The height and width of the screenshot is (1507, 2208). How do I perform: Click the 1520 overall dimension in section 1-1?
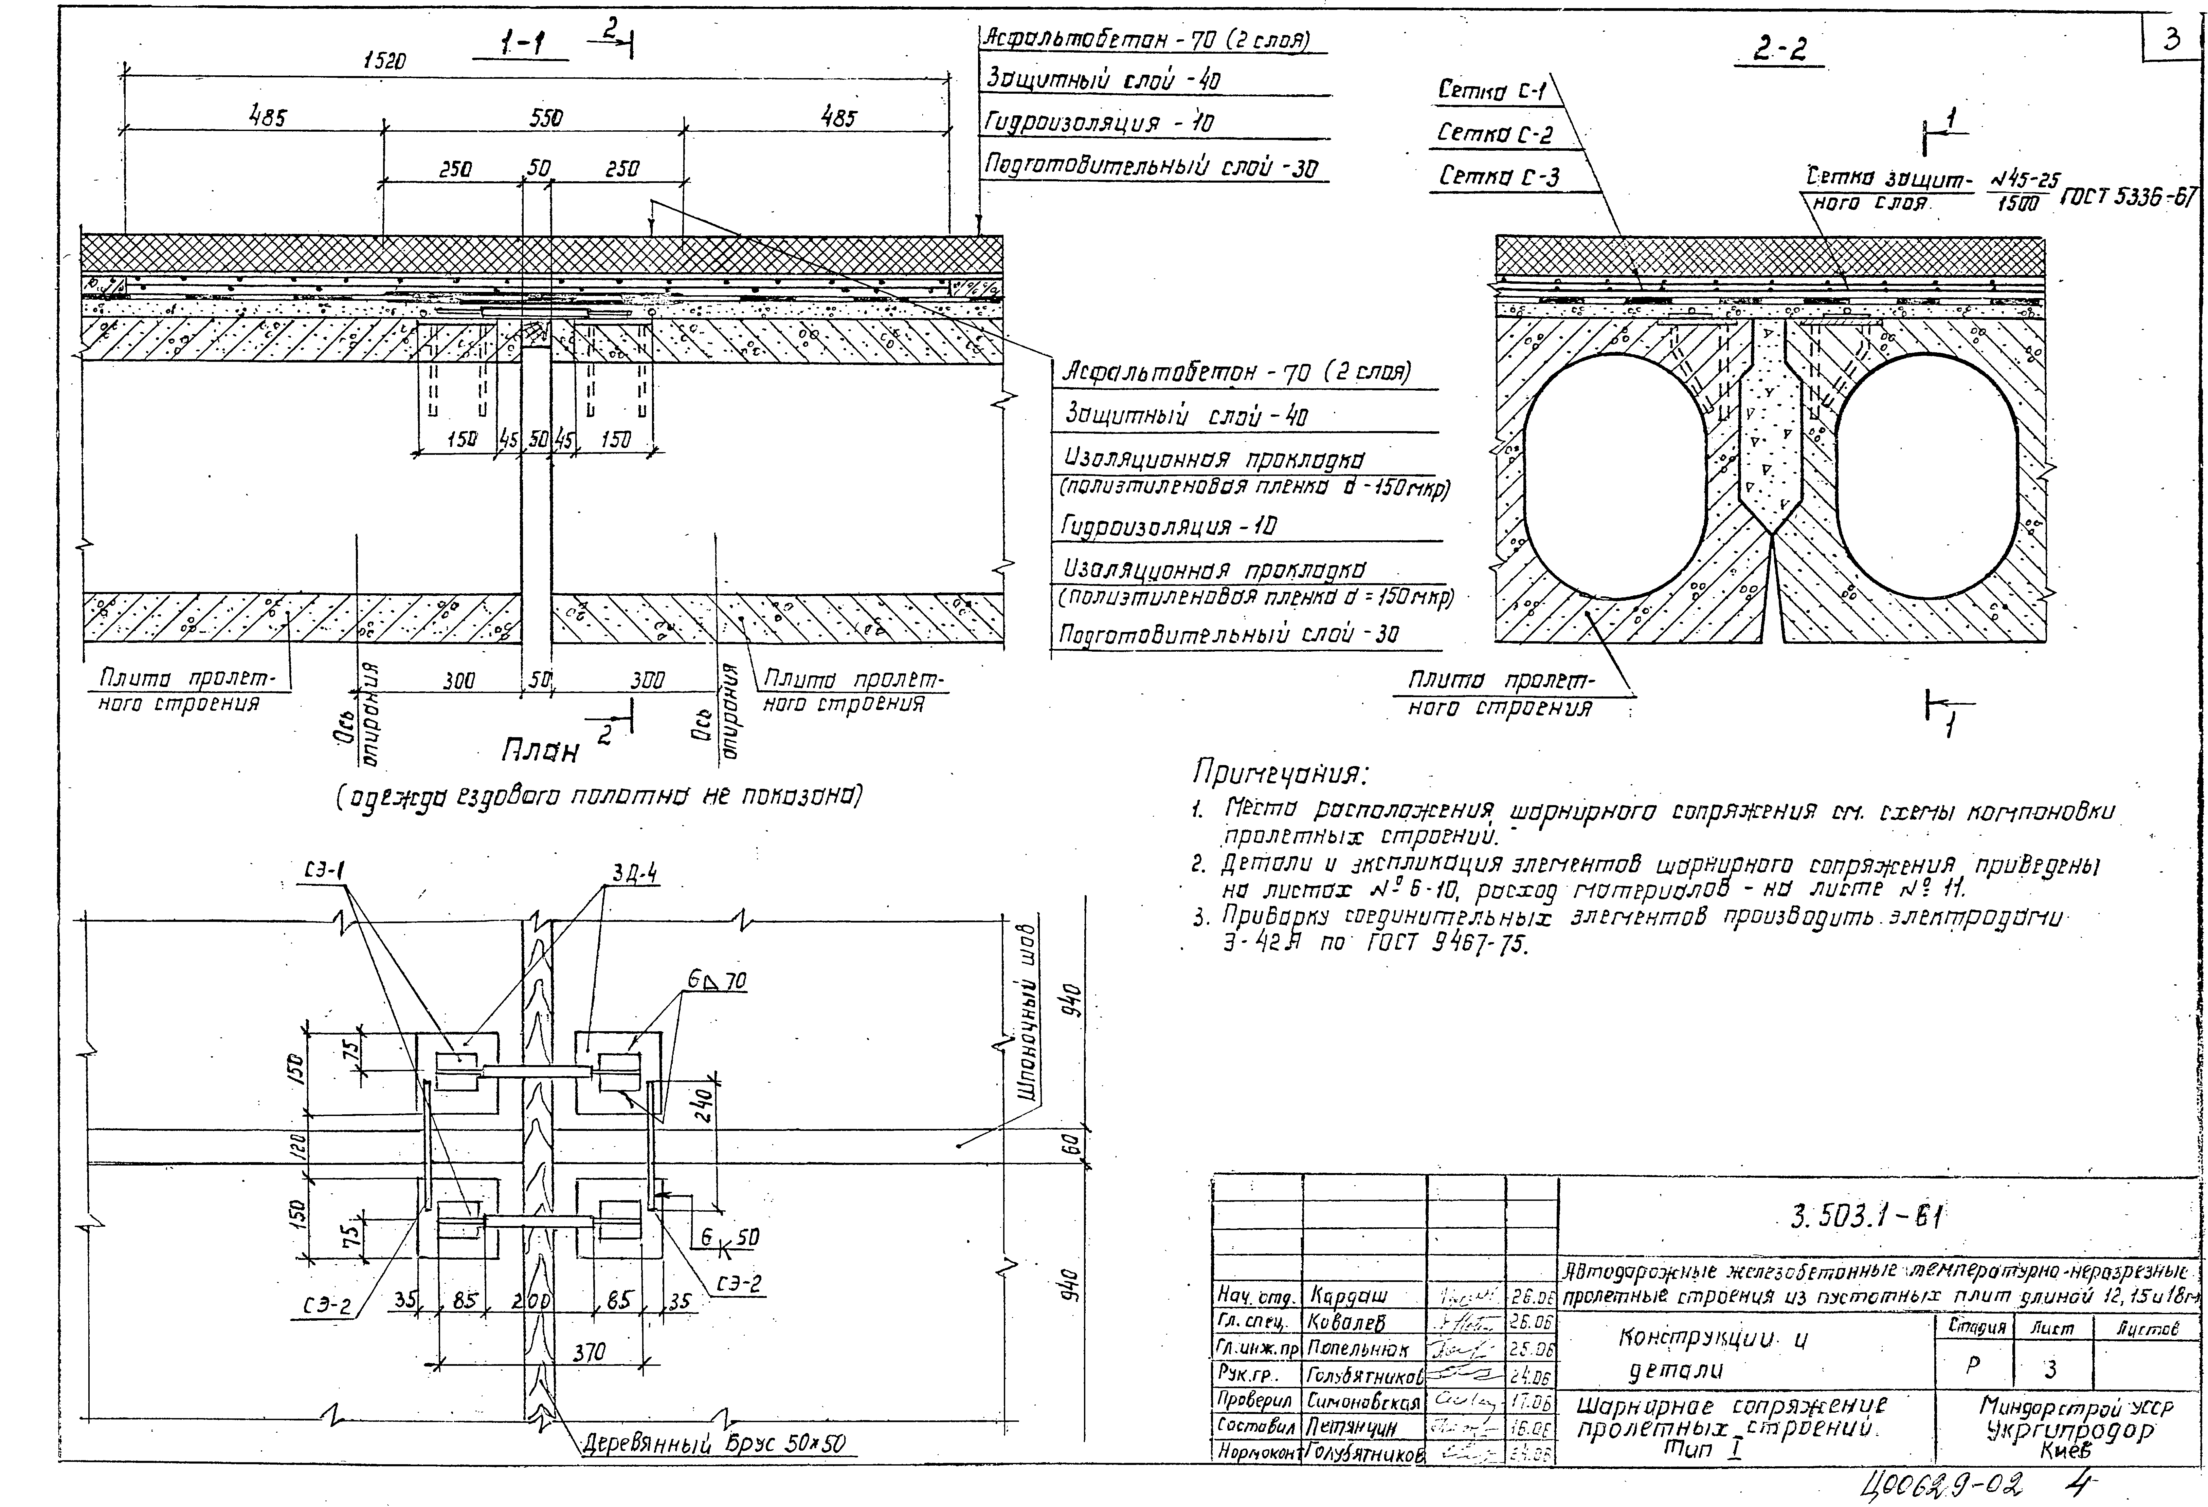click(385, 61)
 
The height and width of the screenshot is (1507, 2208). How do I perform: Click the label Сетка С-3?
click(1499, 176)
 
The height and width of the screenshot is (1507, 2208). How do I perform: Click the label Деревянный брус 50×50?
click(713, 1444)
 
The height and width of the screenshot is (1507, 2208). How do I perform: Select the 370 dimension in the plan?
click(589, 1351)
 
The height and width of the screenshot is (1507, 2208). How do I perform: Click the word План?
click(540, 751)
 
